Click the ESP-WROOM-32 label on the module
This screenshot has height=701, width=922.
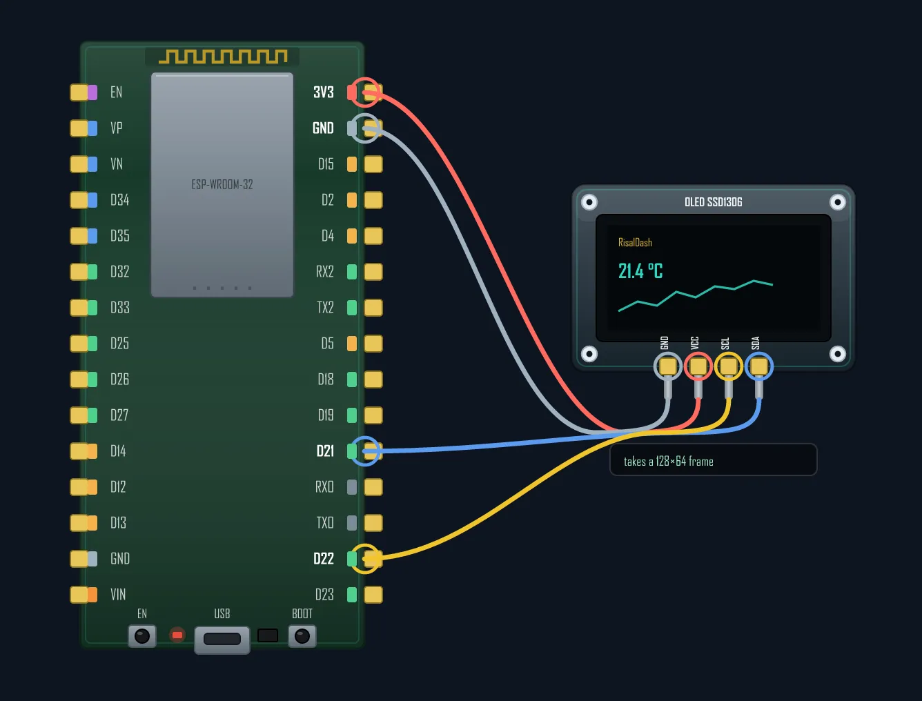click(x=222, y=184)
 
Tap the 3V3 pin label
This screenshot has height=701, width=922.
click(x=324, y=92)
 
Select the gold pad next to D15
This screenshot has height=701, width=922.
click(x=373, y=164)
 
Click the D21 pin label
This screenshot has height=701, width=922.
click(x=325, y=451)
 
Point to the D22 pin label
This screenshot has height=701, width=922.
click(x=324, y=559)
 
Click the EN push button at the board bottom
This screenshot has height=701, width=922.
click(x=142, y=636)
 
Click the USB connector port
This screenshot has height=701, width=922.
click(x=222, y=640)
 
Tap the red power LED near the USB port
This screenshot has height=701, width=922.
click(x=177, y=635)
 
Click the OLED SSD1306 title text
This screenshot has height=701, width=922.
click(x=713, y=202)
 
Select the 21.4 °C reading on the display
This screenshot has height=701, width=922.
click(x=640, y=271)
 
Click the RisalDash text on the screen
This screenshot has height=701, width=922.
click(x=635, y=242)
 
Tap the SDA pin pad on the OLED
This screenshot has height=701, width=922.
click(x=759, y=366)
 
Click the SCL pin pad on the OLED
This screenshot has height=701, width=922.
click(x=728, y=366)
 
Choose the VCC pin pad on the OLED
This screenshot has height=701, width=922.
click(x=698, y=366)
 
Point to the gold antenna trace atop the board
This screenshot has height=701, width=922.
click(x=223, y=57)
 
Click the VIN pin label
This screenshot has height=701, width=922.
click(x=118, y=594)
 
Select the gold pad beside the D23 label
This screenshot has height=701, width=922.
click(x=373, y=595)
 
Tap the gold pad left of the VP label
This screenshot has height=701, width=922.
click(x=79, y=128)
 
